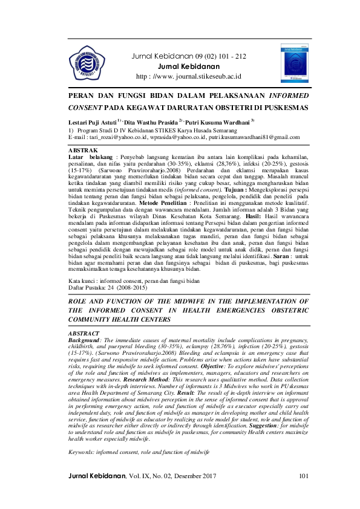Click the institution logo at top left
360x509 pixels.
pos(87,62)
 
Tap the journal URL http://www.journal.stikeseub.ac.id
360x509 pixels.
pos(189,77)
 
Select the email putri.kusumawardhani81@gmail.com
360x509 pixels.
pos(253,138)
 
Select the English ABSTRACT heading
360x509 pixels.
pos(84,333)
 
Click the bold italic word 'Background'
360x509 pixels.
pos(84,341)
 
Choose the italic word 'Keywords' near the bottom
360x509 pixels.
pos(82,452)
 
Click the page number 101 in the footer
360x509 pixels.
pos(303,494)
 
